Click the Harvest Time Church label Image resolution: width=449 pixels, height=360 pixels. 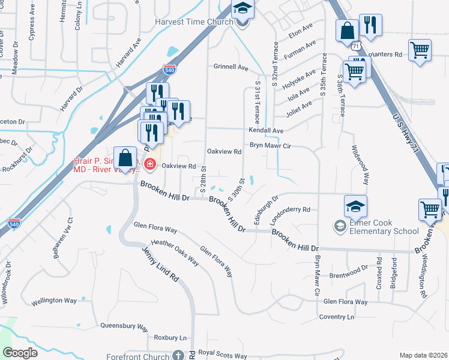pyautogui.click(x=193, y=22)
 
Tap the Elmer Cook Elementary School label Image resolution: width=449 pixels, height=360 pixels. pyautogui.click(x=377, y=227)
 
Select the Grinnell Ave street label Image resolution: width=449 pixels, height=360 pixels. pyautogui.click(x=231, y=68)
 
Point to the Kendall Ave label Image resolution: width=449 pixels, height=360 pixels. pyautogui.click(x=267, y=130)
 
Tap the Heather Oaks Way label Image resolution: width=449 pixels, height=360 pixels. pyautogui.click(x=175, y=251)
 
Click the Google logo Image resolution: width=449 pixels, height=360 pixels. pyautogui.click(x=20, y=353)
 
